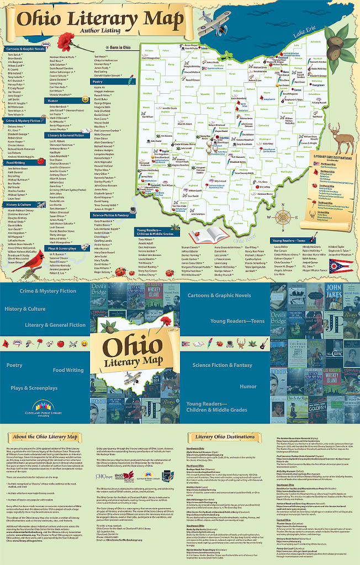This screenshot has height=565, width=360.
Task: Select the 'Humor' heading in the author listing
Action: click(x=54, y=100)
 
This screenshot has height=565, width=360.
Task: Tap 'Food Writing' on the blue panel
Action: click(x=68, y=370)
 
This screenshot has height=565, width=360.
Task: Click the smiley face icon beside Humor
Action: click(x=85, y=99)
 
